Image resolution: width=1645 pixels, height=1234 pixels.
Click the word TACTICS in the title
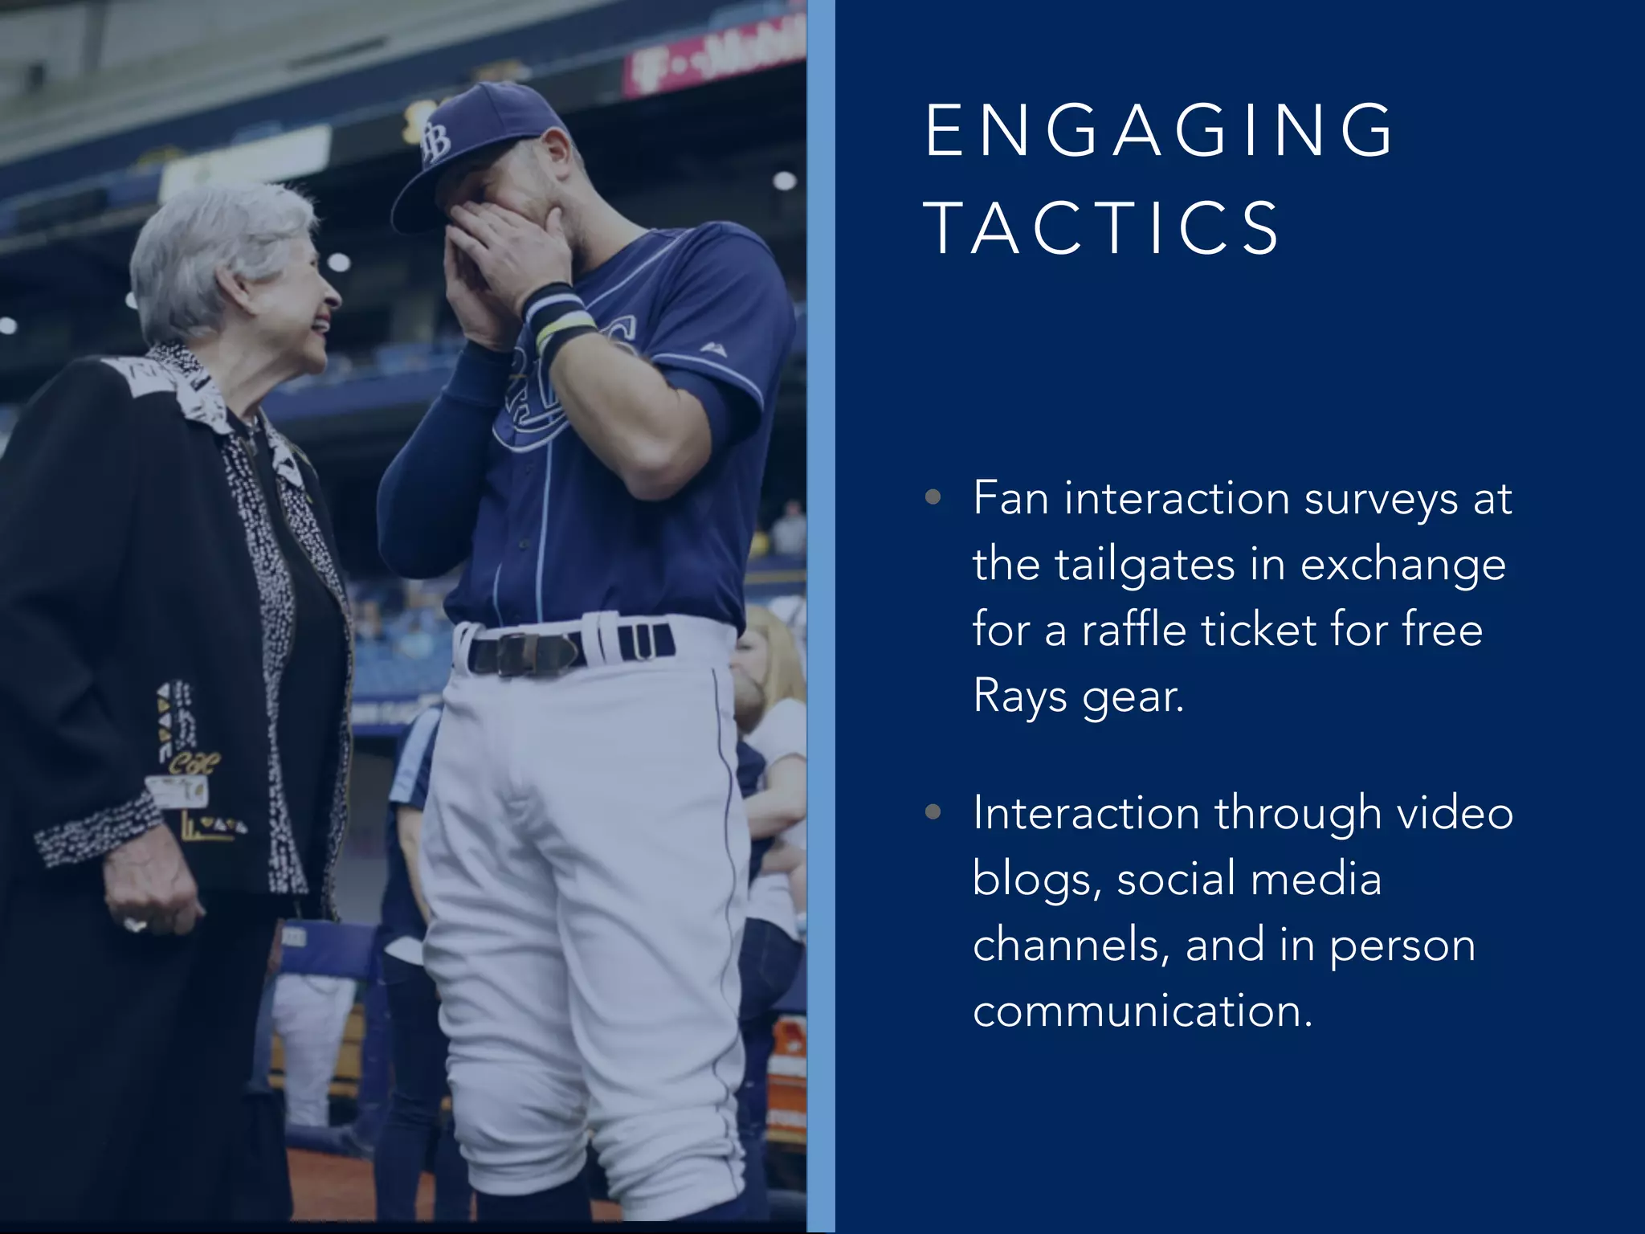[x=1102, y=228]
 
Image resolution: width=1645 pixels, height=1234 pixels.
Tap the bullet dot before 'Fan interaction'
[x=933, y=497]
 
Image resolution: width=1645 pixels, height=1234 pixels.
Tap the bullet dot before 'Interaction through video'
[x=933, y=812]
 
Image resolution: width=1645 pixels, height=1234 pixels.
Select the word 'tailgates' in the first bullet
[x=1143, y=564]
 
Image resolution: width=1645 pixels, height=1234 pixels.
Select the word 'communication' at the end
[x=1142, y=1011]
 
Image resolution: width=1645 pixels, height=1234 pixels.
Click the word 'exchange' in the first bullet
[x=1402, y=566]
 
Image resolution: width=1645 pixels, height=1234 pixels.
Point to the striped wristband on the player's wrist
[x=560, y=318]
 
